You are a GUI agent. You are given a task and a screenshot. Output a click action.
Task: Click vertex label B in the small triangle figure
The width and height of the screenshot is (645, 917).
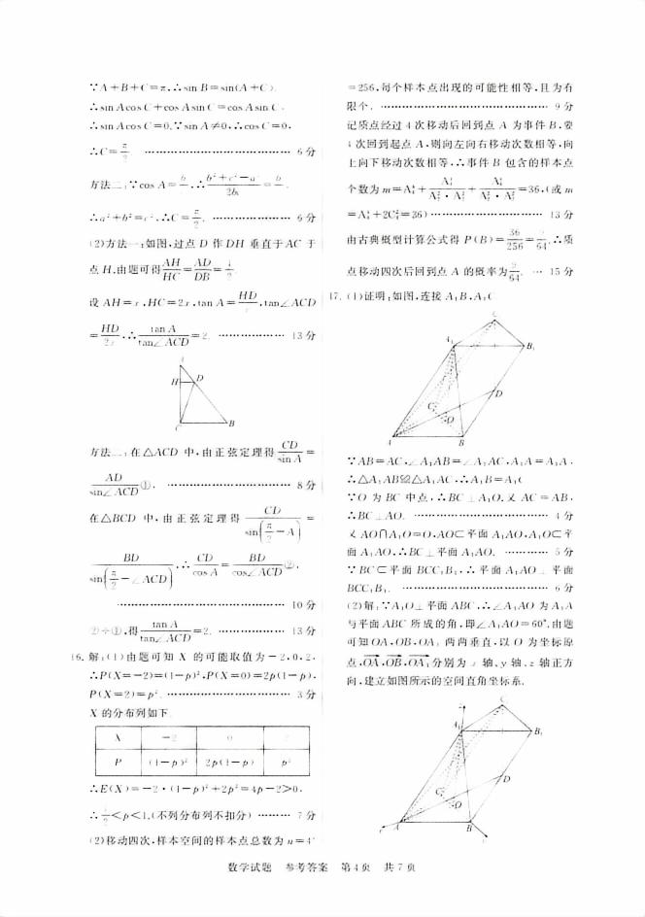[229, 424]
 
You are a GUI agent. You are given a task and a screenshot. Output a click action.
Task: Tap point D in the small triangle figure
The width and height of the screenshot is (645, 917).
[199, 378]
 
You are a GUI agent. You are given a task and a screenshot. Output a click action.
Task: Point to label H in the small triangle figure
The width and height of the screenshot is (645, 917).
[176, 382]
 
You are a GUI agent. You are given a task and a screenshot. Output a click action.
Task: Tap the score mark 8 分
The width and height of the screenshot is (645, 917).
[303, 484]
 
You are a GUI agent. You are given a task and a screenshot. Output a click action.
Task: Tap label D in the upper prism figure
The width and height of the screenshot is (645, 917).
[497, 394]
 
